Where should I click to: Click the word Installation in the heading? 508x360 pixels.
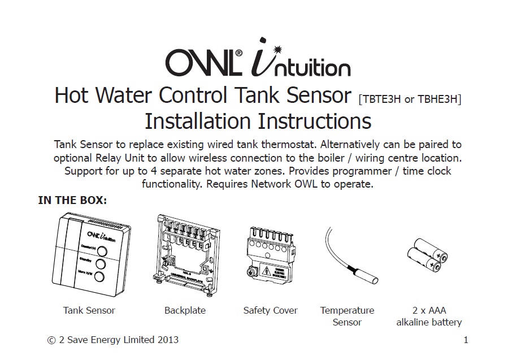[197, 121]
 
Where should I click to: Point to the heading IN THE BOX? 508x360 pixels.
[72, 200]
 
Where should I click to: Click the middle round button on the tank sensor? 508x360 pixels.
[101, 264]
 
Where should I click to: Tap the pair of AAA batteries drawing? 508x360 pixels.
[428, 253]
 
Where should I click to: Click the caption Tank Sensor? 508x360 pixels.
[89, 310]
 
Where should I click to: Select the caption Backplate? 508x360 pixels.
[185, 310]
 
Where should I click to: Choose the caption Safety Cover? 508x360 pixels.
[270, 310]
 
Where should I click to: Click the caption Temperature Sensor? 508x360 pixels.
[347, 316]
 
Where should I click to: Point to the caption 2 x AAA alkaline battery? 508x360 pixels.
[428, 316]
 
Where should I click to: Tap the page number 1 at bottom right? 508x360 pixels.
[466, 340]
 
